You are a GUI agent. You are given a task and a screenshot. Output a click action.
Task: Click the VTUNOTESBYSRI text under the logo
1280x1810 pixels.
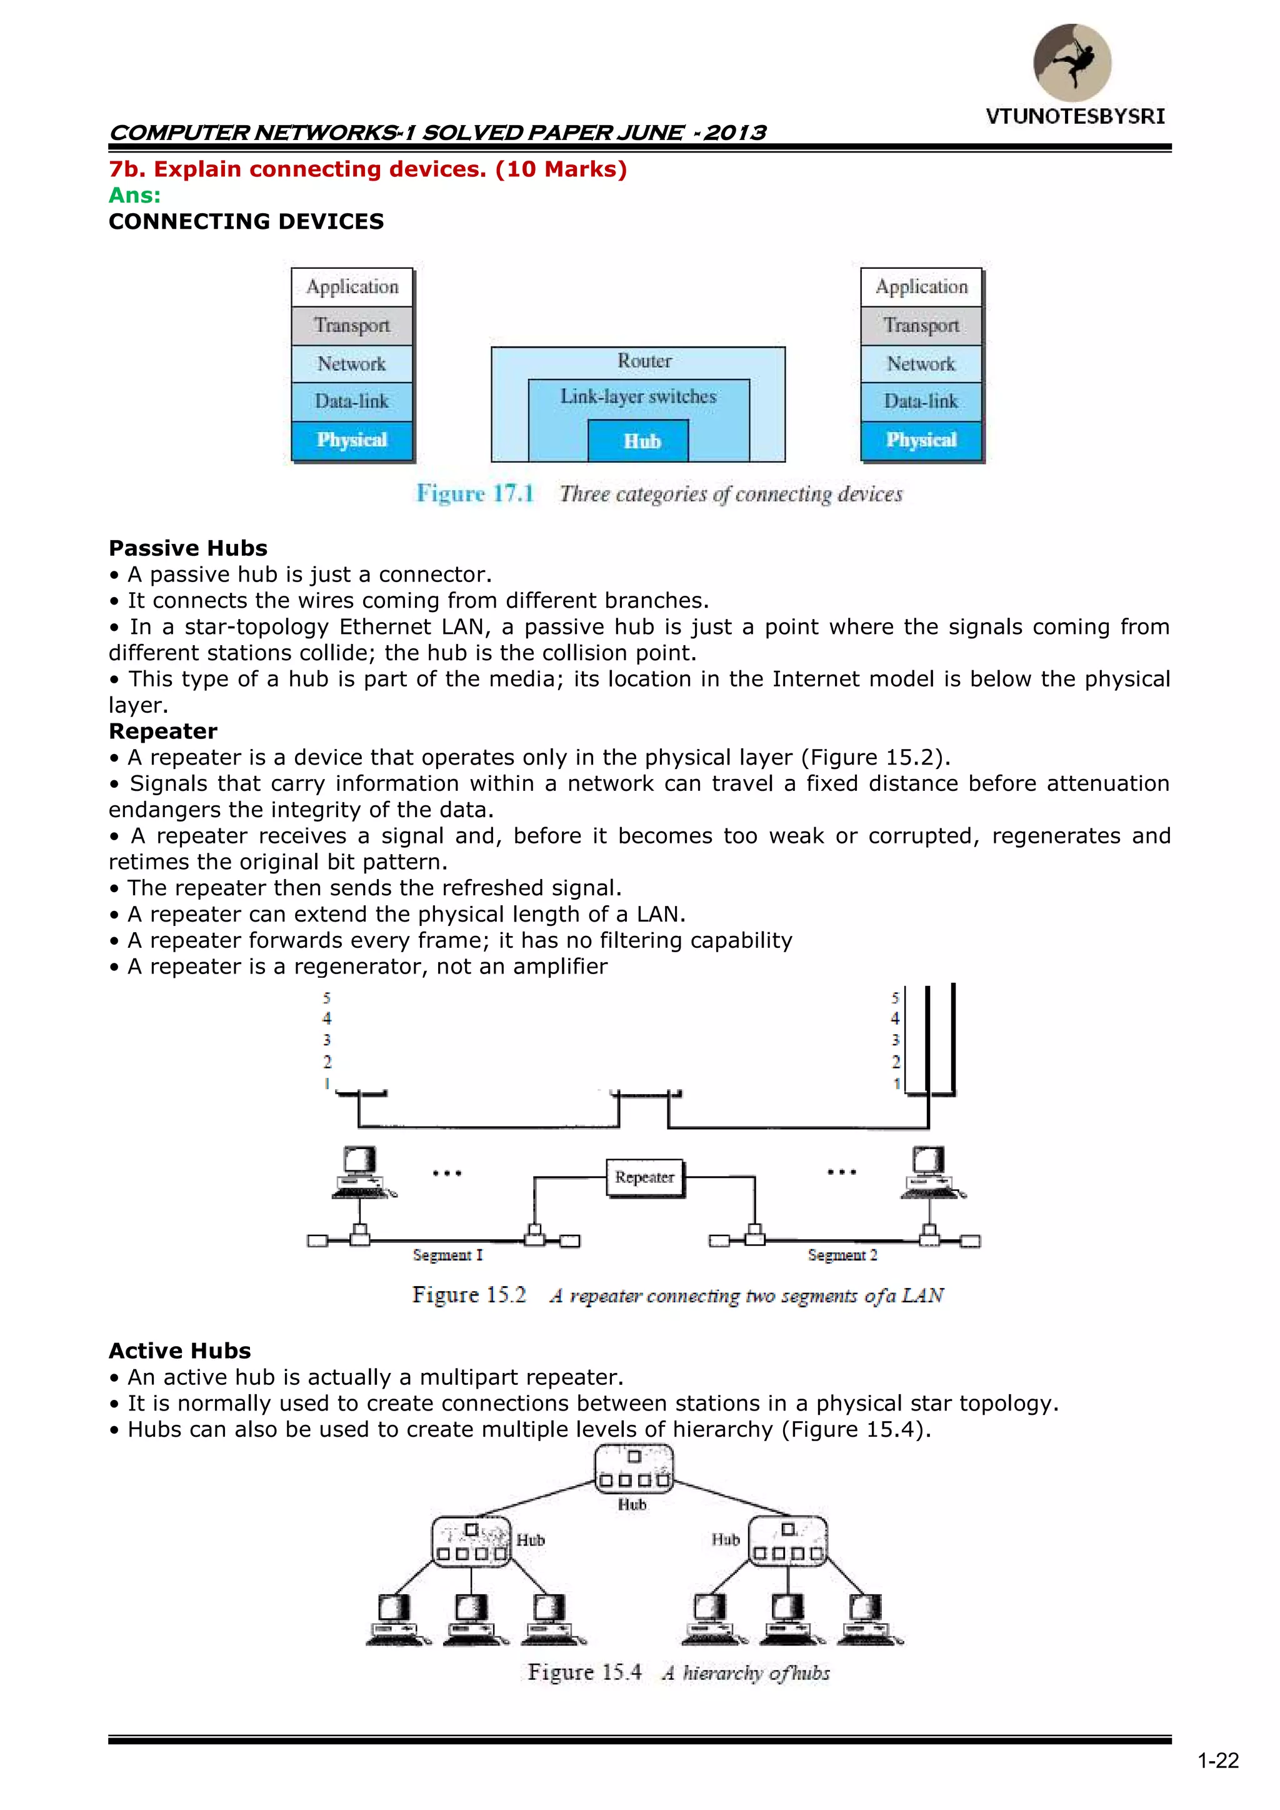[1075, 117]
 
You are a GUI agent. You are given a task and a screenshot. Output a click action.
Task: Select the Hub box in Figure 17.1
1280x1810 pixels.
[638, 441]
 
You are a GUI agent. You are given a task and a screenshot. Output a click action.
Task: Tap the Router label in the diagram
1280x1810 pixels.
[644, 361]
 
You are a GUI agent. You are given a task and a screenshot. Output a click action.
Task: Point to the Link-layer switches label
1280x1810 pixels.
[638, 396]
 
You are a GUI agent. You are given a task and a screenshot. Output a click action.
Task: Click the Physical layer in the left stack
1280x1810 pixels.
[351, 440]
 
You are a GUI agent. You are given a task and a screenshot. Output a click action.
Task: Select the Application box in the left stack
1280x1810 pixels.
[351, 287]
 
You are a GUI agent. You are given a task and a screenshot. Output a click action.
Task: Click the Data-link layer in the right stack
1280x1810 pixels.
[921, 401]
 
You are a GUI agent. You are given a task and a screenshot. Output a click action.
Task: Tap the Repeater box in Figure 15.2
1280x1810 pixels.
[645, 1177]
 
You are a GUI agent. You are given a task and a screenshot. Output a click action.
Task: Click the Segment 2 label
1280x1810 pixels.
[842, 1254]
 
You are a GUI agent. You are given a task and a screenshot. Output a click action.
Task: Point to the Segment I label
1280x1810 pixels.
[447, 1254]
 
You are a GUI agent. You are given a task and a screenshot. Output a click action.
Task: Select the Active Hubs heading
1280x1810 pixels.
[180, 1350]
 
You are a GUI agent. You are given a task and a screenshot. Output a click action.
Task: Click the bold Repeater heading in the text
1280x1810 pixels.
[162, 731]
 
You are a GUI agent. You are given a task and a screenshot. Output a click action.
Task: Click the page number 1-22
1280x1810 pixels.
[1217, 1761]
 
